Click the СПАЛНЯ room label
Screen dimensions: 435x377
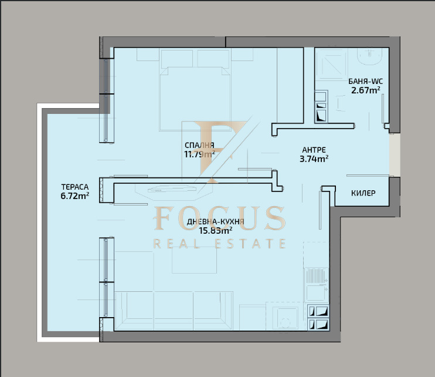[199, 145]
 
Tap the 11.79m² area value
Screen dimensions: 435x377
[199, 154]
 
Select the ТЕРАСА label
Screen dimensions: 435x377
[75, 187]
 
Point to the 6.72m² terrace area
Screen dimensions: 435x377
[74, 196]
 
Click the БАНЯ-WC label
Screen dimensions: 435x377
[366, 82]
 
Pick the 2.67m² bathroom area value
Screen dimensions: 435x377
[366, 90]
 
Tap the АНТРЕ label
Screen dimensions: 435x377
[314, 150]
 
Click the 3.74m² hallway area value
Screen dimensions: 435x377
[314, 159]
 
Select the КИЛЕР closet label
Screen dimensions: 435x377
[363, 193]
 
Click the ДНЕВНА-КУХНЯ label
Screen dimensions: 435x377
[216, 222]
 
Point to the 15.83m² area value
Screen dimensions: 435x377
[216, 231]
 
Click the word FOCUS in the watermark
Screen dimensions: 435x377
[219, 218]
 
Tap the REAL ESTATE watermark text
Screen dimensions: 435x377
[219, 244]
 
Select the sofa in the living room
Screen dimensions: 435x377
[174, 311]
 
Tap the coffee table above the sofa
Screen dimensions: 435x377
[194, 260]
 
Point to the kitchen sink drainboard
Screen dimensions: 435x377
[317, 276]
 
